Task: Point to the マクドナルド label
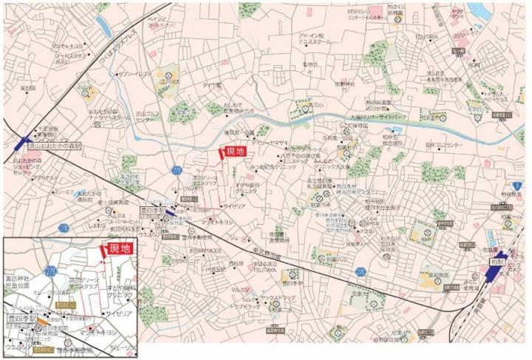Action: click(45, 178)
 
